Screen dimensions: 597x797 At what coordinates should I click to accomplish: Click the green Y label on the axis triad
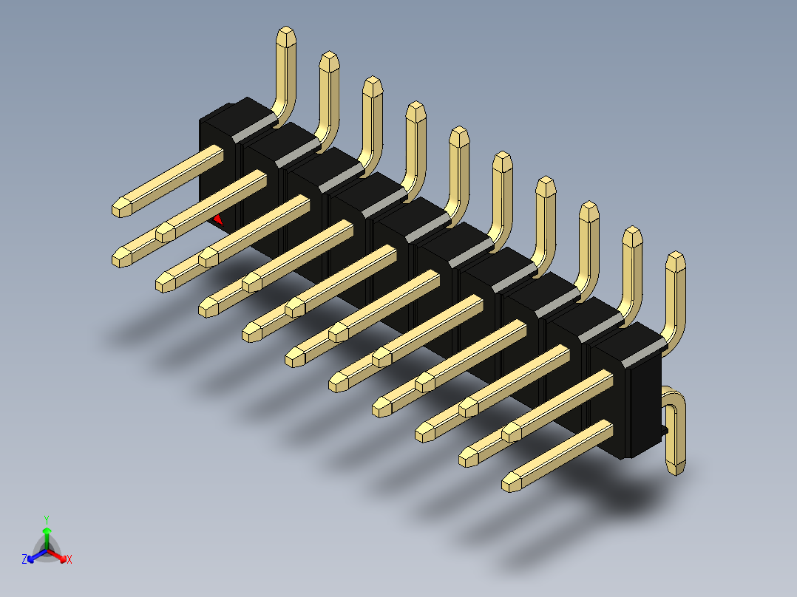pos(46,519)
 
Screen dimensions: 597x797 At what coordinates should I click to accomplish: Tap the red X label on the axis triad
pos(69,559)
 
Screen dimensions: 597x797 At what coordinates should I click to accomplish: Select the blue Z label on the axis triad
pos(24,559)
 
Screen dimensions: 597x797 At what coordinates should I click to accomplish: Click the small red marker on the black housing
pos(218,219)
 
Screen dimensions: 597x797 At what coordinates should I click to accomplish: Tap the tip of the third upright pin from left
pos(373,85)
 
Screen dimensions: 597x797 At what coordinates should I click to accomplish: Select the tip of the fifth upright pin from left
pos(459,135)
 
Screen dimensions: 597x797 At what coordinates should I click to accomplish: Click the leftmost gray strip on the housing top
pos(256,126)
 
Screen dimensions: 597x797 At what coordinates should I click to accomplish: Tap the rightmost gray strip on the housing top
pos(644,351)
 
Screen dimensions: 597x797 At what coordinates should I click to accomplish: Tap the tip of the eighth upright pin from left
pos(589,211)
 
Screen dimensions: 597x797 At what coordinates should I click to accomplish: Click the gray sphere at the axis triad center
pos(47,551)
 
